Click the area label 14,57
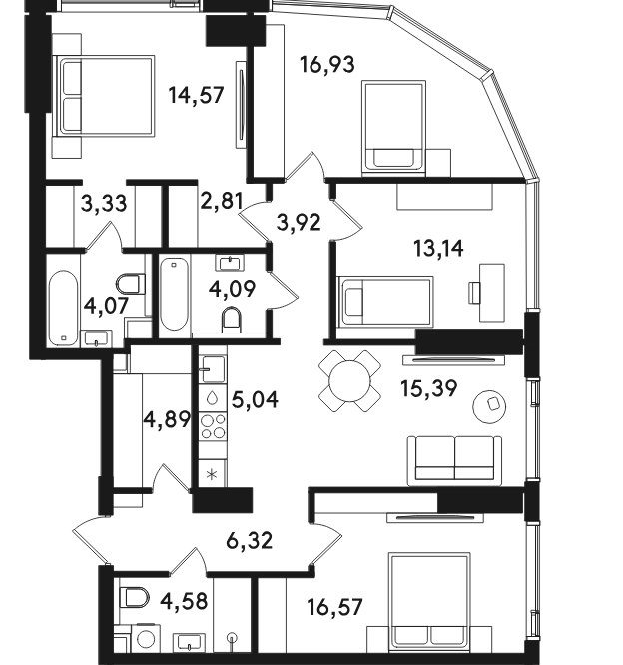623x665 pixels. [196, 95]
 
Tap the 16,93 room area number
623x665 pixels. [327, 65]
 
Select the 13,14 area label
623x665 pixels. [438, 248]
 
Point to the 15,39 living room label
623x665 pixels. [429, 388]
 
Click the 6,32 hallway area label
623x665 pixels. [249, 541]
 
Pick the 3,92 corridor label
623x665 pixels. [299, 223]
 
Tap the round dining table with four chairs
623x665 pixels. [349, 381]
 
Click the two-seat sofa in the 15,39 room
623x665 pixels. [454, 461]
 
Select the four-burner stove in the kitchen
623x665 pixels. [213, 426]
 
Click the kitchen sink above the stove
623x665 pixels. [213, 369]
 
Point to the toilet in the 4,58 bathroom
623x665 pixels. [135, 597]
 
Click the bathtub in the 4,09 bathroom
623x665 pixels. [175, 294]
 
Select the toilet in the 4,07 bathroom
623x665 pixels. [131, 284]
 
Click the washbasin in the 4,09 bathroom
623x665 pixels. [230, 263]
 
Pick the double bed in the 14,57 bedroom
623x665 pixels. [104, 96]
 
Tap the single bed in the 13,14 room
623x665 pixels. [385, 302]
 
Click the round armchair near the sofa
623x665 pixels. [489, 406]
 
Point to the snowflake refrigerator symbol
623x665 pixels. [212, 474]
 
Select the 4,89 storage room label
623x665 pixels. [168, 420]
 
